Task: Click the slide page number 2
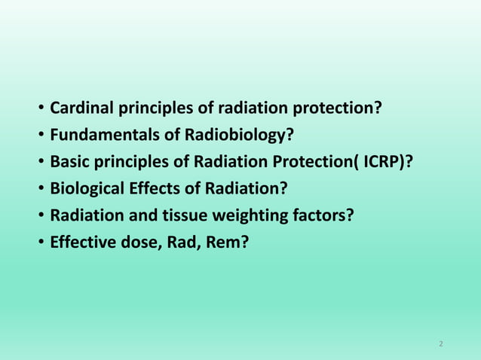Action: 441,344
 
